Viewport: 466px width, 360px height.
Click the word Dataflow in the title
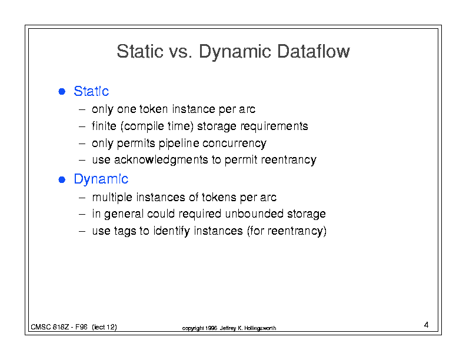tap(314, 51)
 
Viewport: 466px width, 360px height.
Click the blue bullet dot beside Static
tap(62, 91)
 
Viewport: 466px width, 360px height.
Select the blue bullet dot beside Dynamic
tap(62, 179)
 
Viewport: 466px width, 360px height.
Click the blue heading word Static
tap(91, 91)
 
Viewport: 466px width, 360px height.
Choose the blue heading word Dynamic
tap(101, 179)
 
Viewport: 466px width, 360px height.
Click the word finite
tap(104, 126)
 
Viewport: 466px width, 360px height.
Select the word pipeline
tap(179, 143)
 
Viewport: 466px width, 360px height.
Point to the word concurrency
tap(235, 143)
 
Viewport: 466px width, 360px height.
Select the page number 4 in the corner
tap(426, 325)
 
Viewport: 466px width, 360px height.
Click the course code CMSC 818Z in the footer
tap(49, 327)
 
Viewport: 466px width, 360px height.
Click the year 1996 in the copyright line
tap(211, 328)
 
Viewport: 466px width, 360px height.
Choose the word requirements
tap(274, 126)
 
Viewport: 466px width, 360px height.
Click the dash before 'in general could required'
tap(82, 214)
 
